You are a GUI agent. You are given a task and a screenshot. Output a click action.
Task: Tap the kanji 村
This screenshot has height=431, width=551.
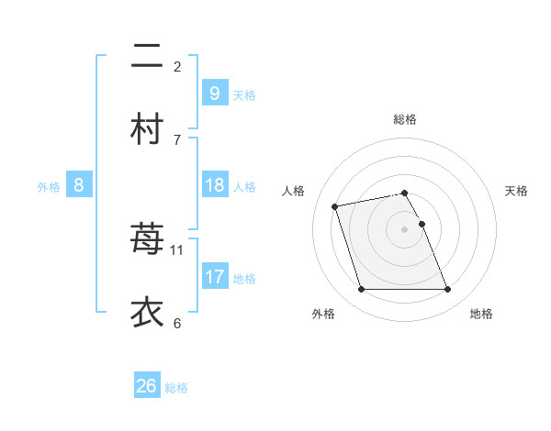147,127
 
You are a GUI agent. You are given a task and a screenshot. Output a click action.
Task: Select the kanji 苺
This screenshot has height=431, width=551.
147,238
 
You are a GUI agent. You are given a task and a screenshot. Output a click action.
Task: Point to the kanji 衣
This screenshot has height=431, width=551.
147,312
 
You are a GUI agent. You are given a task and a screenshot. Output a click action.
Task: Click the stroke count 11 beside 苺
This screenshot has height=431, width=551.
177,249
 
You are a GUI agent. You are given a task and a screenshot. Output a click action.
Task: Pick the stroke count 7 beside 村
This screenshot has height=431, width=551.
177,139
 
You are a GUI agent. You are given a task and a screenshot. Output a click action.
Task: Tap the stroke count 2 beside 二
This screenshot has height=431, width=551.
177,66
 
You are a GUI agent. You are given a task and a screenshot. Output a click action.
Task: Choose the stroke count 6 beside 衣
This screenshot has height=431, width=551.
177,323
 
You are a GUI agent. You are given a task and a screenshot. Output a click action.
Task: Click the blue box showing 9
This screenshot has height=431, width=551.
214,93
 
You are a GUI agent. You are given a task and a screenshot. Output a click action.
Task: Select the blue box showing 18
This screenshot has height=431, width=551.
214,185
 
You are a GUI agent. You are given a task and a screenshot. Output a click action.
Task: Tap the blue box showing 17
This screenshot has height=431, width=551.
214,276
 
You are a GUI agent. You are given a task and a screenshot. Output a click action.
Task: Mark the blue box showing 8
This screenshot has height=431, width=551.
79,185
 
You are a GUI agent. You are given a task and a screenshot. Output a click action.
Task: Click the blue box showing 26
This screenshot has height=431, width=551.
147,386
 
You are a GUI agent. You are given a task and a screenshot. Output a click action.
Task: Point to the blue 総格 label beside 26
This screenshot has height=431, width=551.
176,388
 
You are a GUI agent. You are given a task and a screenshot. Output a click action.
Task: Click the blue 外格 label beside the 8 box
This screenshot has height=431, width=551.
49,187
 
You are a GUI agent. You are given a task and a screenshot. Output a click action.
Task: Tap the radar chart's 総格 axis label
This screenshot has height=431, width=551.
405,119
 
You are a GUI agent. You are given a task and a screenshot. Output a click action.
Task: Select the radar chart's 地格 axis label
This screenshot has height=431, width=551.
481,314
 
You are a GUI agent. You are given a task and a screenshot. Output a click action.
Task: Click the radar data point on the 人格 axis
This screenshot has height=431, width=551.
335,205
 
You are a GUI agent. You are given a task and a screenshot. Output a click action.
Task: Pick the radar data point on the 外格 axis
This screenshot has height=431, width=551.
361,290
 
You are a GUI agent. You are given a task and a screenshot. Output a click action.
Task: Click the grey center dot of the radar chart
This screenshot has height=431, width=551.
405,229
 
